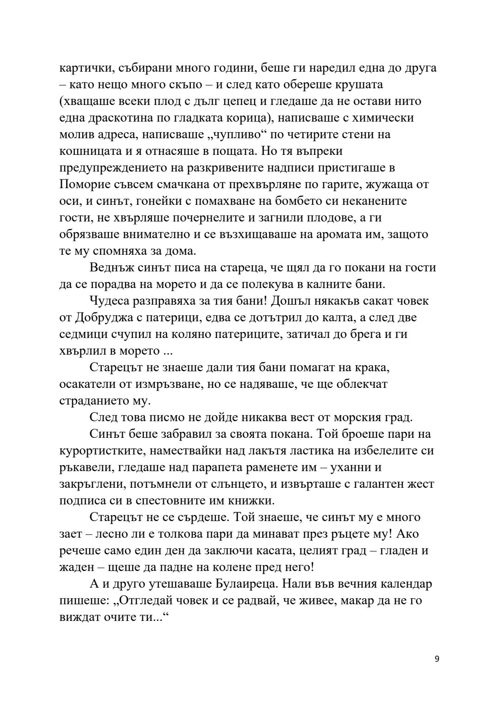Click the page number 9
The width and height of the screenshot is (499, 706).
point(437,659)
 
